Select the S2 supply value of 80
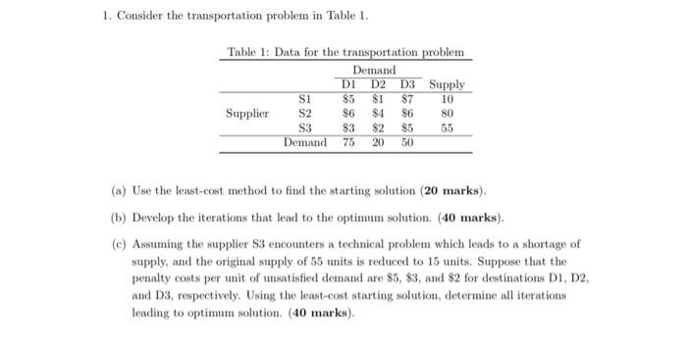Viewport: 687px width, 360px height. [447, 114]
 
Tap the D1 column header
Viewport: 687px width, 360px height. [347, 85]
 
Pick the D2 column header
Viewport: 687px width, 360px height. [377, 85]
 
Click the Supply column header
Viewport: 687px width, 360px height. [447, 85]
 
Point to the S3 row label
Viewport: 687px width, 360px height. [304, 128]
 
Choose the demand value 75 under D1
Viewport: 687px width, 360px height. [347, 142]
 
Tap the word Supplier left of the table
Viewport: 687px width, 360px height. [247, 114]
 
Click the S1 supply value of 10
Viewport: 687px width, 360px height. [447, 99]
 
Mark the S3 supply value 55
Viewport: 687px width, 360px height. [447, 128]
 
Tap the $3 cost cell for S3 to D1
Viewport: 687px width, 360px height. [347, 128]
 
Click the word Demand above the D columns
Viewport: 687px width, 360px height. [375, 71]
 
